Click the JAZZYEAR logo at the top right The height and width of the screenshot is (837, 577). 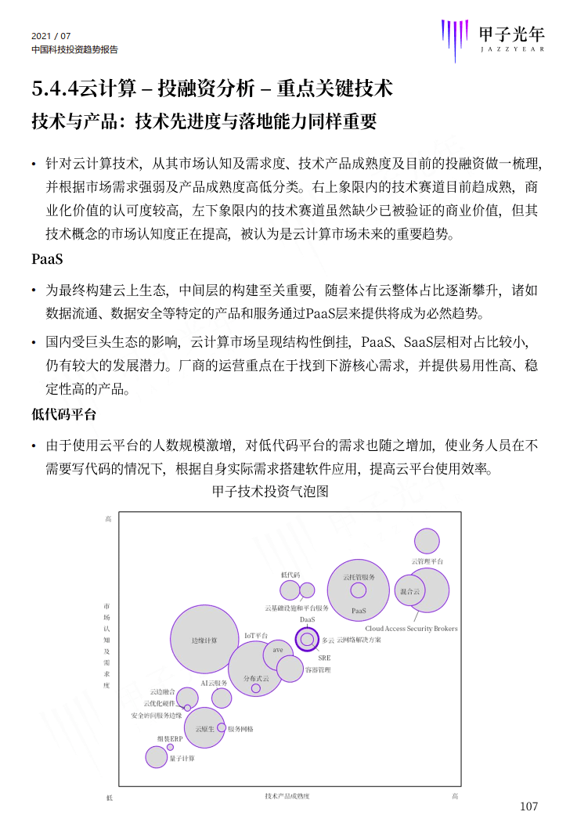pos(492,39)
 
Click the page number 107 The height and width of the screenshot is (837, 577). pos(529,806)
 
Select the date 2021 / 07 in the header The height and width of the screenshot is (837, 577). pos(51,36)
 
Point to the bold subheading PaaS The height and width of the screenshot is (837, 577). pos(47,259)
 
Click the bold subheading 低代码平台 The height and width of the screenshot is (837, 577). pos(64,414)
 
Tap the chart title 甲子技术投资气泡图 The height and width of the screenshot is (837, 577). pos(269,492)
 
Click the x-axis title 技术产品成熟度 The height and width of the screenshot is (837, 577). pos(287,796)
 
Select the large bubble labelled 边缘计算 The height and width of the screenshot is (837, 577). pos(204,640)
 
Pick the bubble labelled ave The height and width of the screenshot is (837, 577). pos(278,649)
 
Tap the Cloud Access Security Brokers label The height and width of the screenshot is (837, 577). pos(411,629)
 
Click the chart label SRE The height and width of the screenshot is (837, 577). pos(324,658)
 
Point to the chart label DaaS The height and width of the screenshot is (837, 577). pos(307,619)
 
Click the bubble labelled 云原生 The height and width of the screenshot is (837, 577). pos(205,729)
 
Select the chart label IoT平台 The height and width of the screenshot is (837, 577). pos(256,636)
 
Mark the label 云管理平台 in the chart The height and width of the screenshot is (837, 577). pos(427,561)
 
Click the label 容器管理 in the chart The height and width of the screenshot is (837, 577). pos(318,670)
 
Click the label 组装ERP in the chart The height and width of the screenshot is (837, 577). pos(169,738)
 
